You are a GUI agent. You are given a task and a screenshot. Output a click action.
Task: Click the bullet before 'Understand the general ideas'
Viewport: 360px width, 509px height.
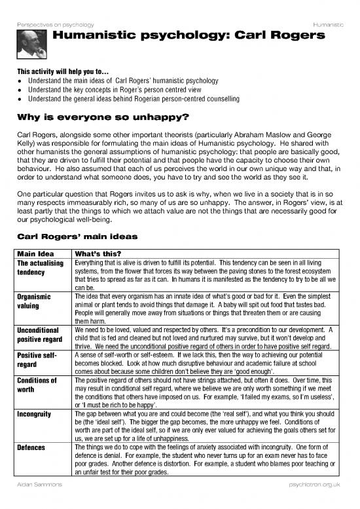click(x=22, y=98)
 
